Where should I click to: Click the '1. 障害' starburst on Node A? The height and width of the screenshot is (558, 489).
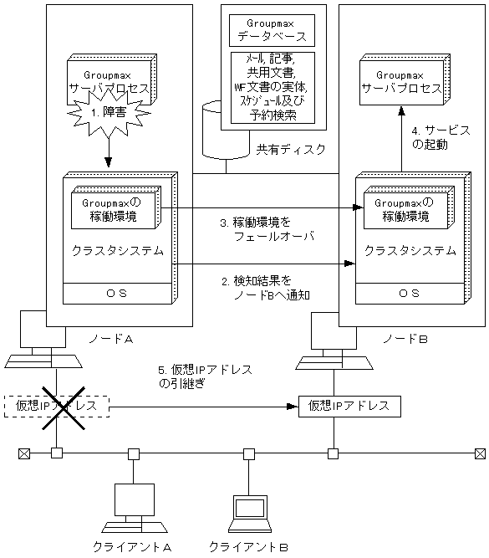tap(110, 118)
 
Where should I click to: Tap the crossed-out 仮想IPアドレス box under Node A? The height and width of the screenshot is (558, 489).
tap(57, 406)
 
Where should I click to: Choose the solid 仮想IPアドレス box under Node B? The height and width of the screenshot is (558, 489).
tap(349, 406)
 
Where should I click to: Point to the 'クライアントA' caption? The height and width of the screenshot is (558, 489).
tap(133, 546)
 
